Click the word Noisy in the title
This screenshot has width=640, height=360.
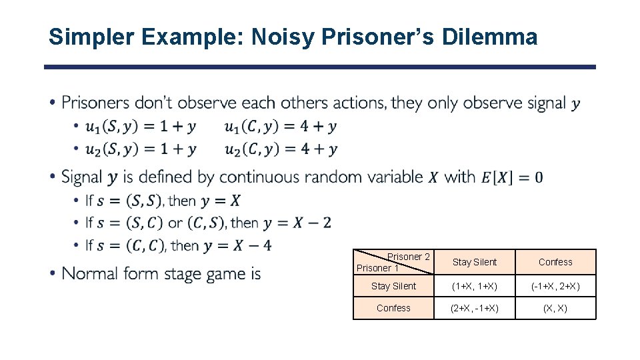click(x=283, y=37)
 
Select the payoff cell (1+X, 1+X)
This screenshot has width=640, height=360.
click(x=474, y=286)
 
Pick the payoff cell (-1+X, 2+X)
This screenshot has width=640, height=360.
click(x=555, y=286)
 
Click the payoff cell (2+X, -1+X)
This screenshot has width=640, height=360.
click(x=474, y=308)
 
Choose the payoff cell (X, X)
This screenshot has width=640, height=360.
click(x=555, y=308)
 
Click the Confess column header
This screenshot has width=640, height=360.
click(x=555, y=262)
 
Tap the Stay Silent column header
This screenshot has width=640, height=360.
click(x=474, y=262)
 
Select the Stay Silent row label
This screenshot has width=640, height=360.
click(x=393, y=286)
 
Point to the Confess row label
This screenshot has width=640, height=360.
click(x=393, y=308)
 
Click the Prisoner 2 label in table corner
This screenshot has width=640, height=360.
click(x=408, y=257)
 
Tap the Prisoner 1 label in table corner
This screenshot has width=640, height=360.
click(x=377, y=268)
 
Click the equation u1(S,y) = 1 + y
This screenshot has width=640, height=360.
click(x=141, y=126)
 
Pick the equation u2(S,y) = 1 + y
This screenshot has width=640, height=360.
click(x=141, y=149)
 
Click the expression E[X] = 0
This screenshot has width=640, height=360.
click(x=511, y=177)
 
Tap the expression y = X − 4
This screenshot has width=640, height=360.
click(x=238, y=245)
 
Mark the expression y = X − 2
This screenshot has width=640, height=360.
click(x=297, y=222)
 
